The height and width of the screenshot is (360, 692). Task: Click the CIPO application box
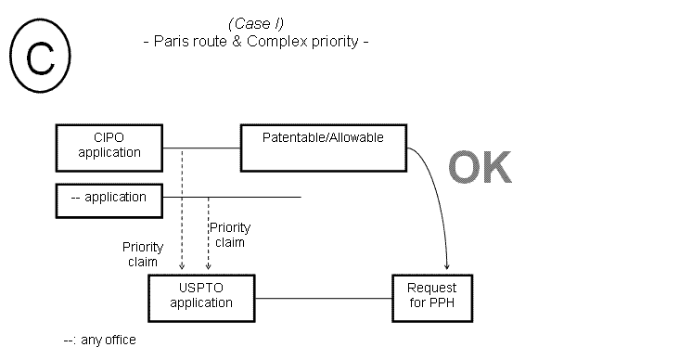(x=109, y=147)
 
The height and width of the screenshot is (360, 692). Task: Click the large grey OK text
(x=480, y=168)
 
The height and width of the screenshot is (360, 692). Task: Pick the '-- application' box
(x=109, y=198)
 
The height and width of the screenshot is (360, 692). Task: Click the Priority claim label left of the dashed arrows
(x=143, y=254)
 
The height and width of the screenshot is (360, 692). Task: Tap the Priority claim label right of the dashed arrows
(x=230, y=235)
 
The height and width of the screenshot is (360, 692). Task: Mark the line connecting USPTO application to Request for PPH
(x=323, y=298)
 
